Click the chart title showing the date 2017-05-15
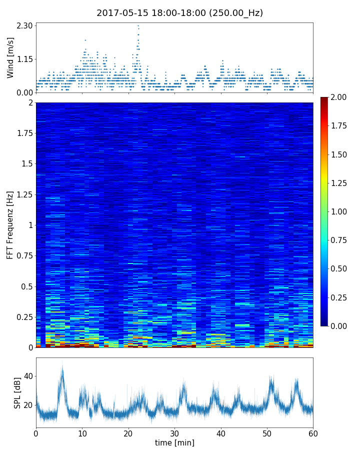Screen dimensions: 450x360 point(179,13)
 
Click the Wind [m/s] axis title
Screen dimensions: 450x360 point(10,57)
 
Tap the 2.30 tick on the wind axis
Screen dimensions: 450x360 point(24,25)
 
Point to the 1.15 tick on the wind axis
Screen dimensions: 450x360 point(24,59)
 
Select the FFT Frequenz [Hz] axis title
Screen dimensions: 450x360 point(10,224)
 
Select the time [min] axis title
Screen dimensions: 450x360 point(174,443)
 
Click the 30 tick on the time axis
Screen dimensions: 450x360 point(174,433)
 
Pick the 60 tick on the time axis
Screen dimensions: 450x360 point(313,433)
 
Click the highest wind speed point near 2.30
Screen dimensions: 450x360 point(138,25)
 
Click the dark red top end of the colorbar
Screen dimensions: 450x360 point(324,99)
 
